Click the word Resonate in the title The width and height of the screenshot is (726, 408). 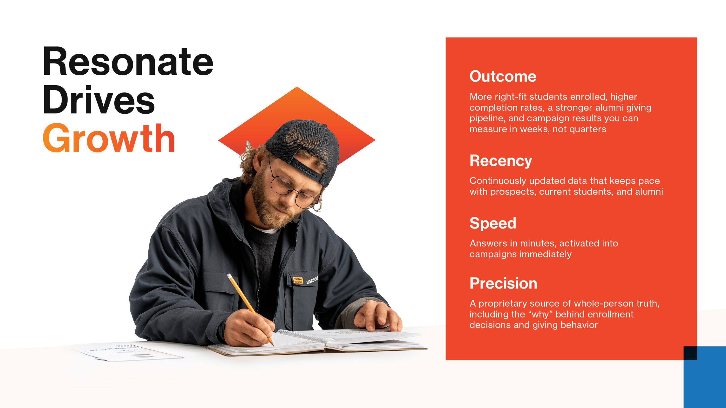click(128, 61)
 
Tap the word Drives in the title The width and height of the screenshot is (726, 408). click(99, 100)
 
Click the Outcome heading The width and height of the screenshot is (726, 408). click(503, 76)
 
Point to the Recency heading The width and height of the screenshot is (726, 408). click(501, 161)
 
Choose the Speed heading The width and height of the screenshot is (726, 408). click(493, 224)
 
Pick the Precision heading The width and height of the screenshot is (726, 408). click(503, 283)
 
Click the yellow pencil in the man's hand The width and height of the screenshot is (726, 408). click(250, 309)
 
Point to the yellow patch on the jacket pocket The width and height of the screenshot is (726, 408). click(298, 280)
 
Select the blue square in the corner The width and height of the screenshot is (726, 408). click(705, 377)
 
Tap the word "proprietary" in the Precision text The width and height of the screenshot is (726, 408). click(503, 304)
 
